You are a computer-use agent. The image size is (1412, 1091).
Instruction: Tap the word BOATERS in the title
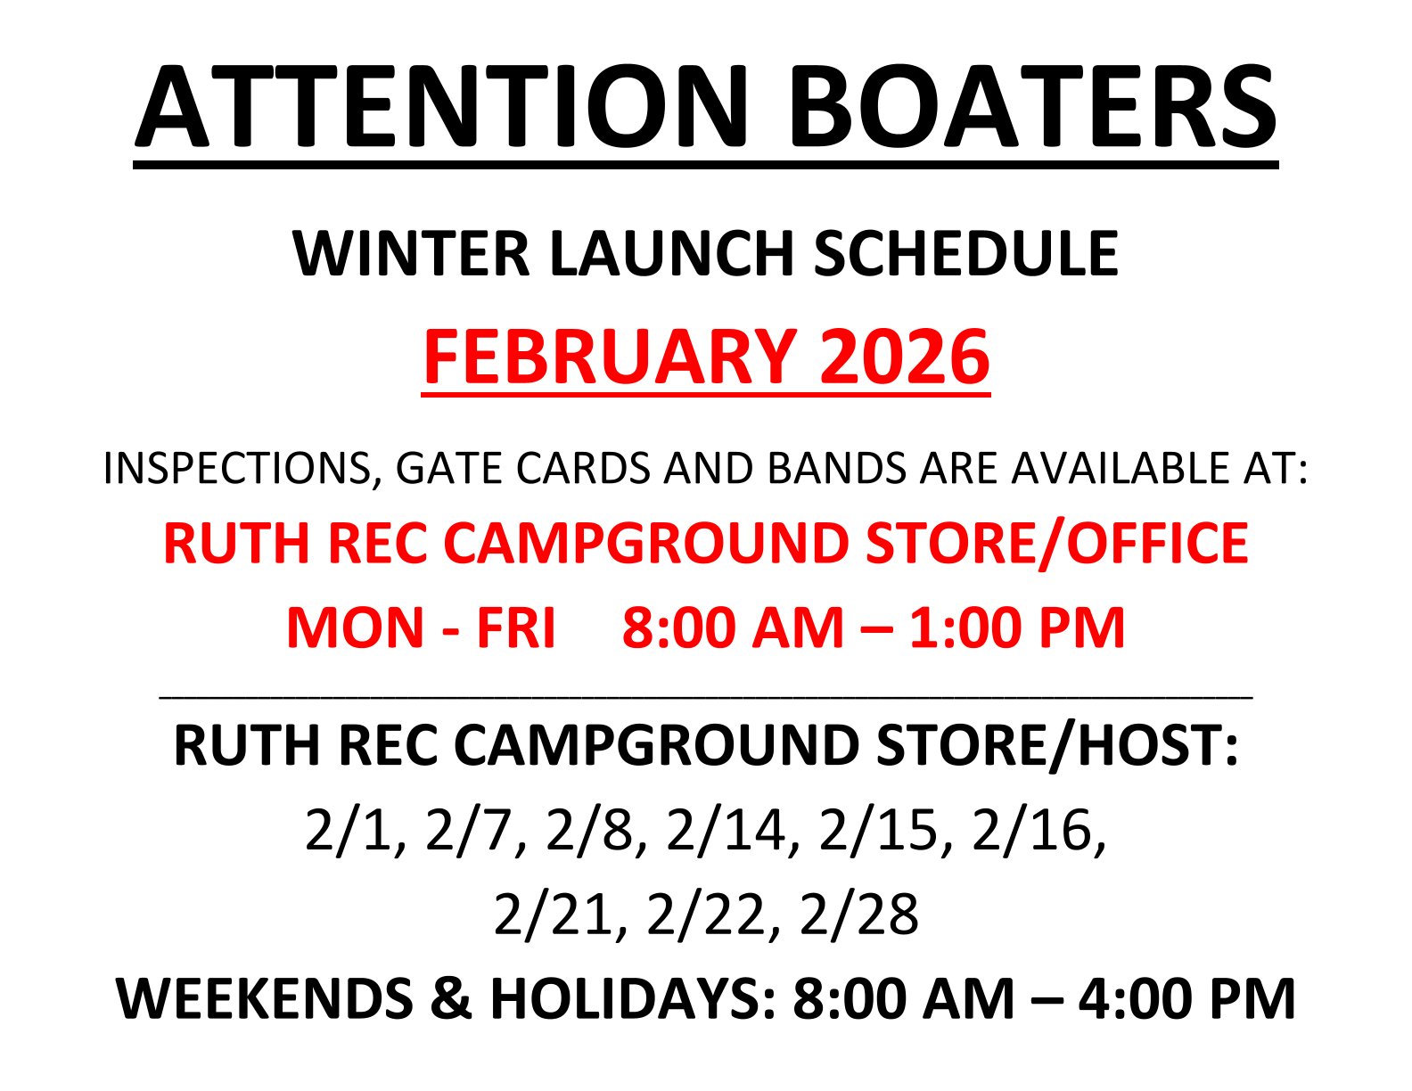pos(1032,107)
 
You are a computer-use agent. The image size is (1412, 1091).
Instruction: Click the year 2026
pos(905,357)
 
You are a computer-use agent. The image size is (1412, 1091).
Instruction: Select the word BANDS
pos(836,468)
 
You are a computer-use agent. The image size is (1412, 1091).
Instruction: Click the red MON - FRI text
pos(421,628)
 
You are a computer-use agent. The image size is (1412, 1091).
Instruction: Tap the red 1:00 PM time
pos(1017,628)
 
